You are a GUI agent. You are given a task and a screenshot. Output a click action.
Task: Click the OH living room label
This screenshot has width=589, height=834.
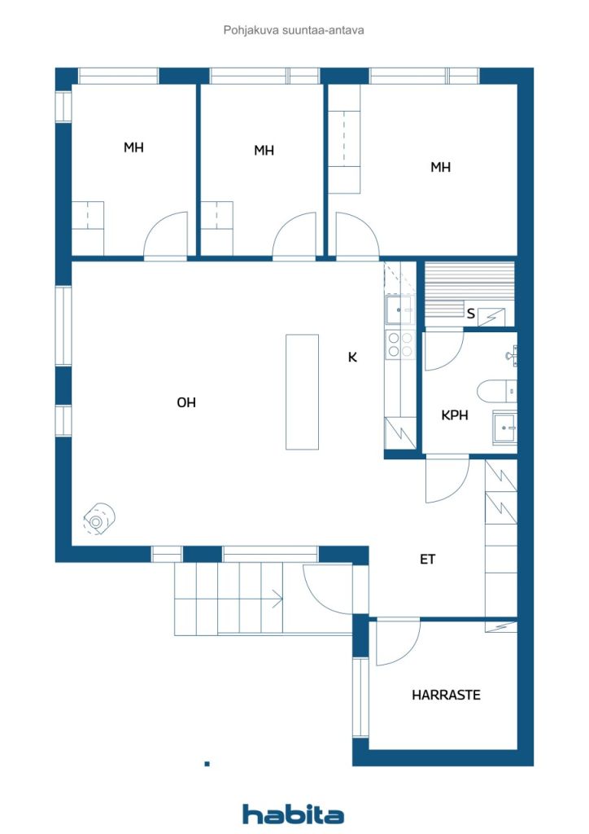(186, 402)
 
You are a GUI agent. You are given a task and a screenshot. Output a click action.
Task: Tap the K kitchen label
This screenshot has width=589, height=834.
(352, 358)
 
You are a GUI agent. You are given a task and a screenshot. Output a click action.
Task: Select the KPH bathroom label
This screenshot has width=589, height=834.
(455, 415)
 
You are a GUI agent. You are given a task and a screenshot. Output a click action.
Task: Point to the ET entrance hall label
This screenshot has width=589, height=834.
(428, 559)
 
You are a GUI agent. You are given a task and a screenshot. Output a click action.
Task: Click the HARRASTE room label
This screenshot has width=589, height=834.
(446, 695)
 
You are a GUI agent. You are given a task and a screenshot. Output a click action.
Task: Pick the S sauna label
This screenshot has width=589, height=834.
(470, 314)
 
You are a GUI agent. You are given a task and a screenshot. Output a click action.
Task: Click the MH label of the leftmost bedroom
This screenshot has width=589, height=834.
(134, 147)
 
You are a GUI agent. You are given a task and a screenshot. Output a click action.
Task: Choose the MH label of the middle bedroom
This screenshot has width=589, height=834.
(264, 151)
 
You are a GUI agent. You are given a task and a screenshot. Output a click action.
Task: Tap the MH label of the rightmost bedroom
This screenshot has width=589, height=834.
(440, 167)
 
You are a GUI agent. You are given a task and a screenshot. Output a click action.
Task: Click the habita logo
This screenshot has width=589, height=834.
(293, 814)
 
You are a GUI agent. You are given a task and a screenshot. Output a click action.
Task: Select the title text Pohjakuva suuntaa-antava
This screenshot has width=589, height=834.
(294, 30)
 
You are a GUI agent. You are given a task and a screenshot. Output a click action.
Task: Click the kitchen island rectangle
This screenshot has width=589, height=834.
(302, 392)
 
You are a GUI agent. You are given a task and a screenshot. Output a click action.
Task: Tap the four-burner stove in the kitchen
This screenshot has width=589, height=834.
(400, 345)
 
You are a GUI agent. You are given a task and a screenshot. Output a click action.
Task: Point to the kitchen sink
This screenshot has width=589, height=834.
(399, 309)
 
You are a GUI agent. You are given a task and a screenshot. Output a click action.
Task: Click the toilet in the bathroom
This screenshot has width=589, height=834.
(497, 392)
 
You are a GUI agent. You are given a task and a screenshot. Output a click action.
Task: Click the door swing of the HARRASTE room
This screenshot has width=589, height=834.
(397, 643)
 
